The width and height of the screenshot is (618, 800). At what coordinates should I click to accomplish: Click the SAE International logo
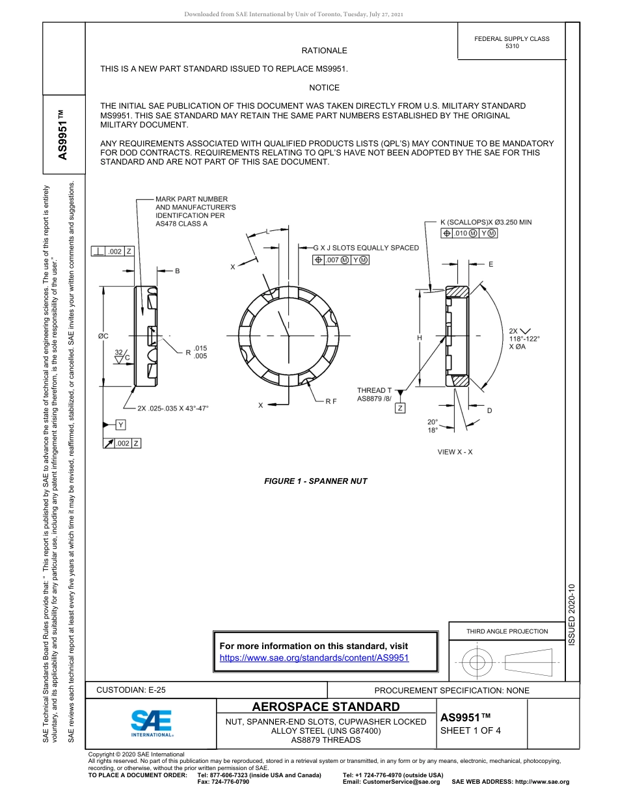pyautogui.click(x=152, y=723)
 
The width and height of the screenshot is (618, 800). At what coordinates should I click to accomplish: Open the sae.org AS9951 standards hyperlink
pyautogui.click(x=314, y=658)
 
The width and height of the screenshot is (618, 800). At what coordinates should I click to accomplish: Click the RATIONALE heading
pyautogui.click(x=324, y=51)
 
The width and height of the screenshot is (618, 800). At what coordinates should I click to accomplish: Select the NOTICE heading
pyautogui.click(x=324, y=87)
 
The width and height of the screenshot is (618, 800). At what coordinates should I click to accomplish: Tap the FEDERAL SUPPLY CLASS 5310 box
pyautogui.click(x=511, y=42)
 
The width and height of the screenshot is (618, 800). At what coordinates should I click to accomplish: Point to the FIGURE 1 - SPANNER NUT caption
pyautogui.click(x=316, y=481)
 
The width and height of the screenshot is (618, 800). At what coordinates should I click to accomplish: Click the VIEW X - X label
pyautogui.click(x=455, y=452)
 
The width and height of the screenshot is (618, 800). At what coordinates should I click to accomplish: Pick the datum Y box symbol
pyautogui.click(x=120, y=425)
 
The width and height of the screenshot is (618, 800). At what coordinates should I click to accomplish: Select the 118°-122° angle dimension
pyautogui.click(x=524, y=338)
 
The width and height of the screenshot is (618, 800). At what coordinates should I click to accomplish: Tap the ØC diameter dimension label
pyautogui.click(x=103, y=336)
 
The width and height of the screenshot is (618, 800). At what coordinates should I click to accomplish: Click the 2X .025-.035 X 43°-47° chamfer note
pyautogui.click(x=172, y=408)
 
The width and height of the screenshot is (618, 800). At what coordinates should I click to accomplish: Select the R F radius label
pyautogui.click(x=330, y=401)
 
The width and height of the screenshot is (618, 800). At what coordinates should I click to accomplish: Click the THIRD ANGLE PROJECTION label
pyautogui.click(x=507, y=631)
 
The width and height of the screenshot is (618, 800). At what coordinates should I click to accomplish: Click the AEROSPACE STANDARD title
pyautogui.click(x=326, y=707)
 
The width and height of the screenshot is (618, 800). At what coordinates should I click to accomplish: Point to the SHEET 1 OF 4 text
pyautogui.click(x=470, y=730)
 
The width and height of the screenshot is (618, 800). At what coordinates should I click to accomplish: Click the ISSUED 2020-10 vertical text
pyautogui.click(x=572, y=614)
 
